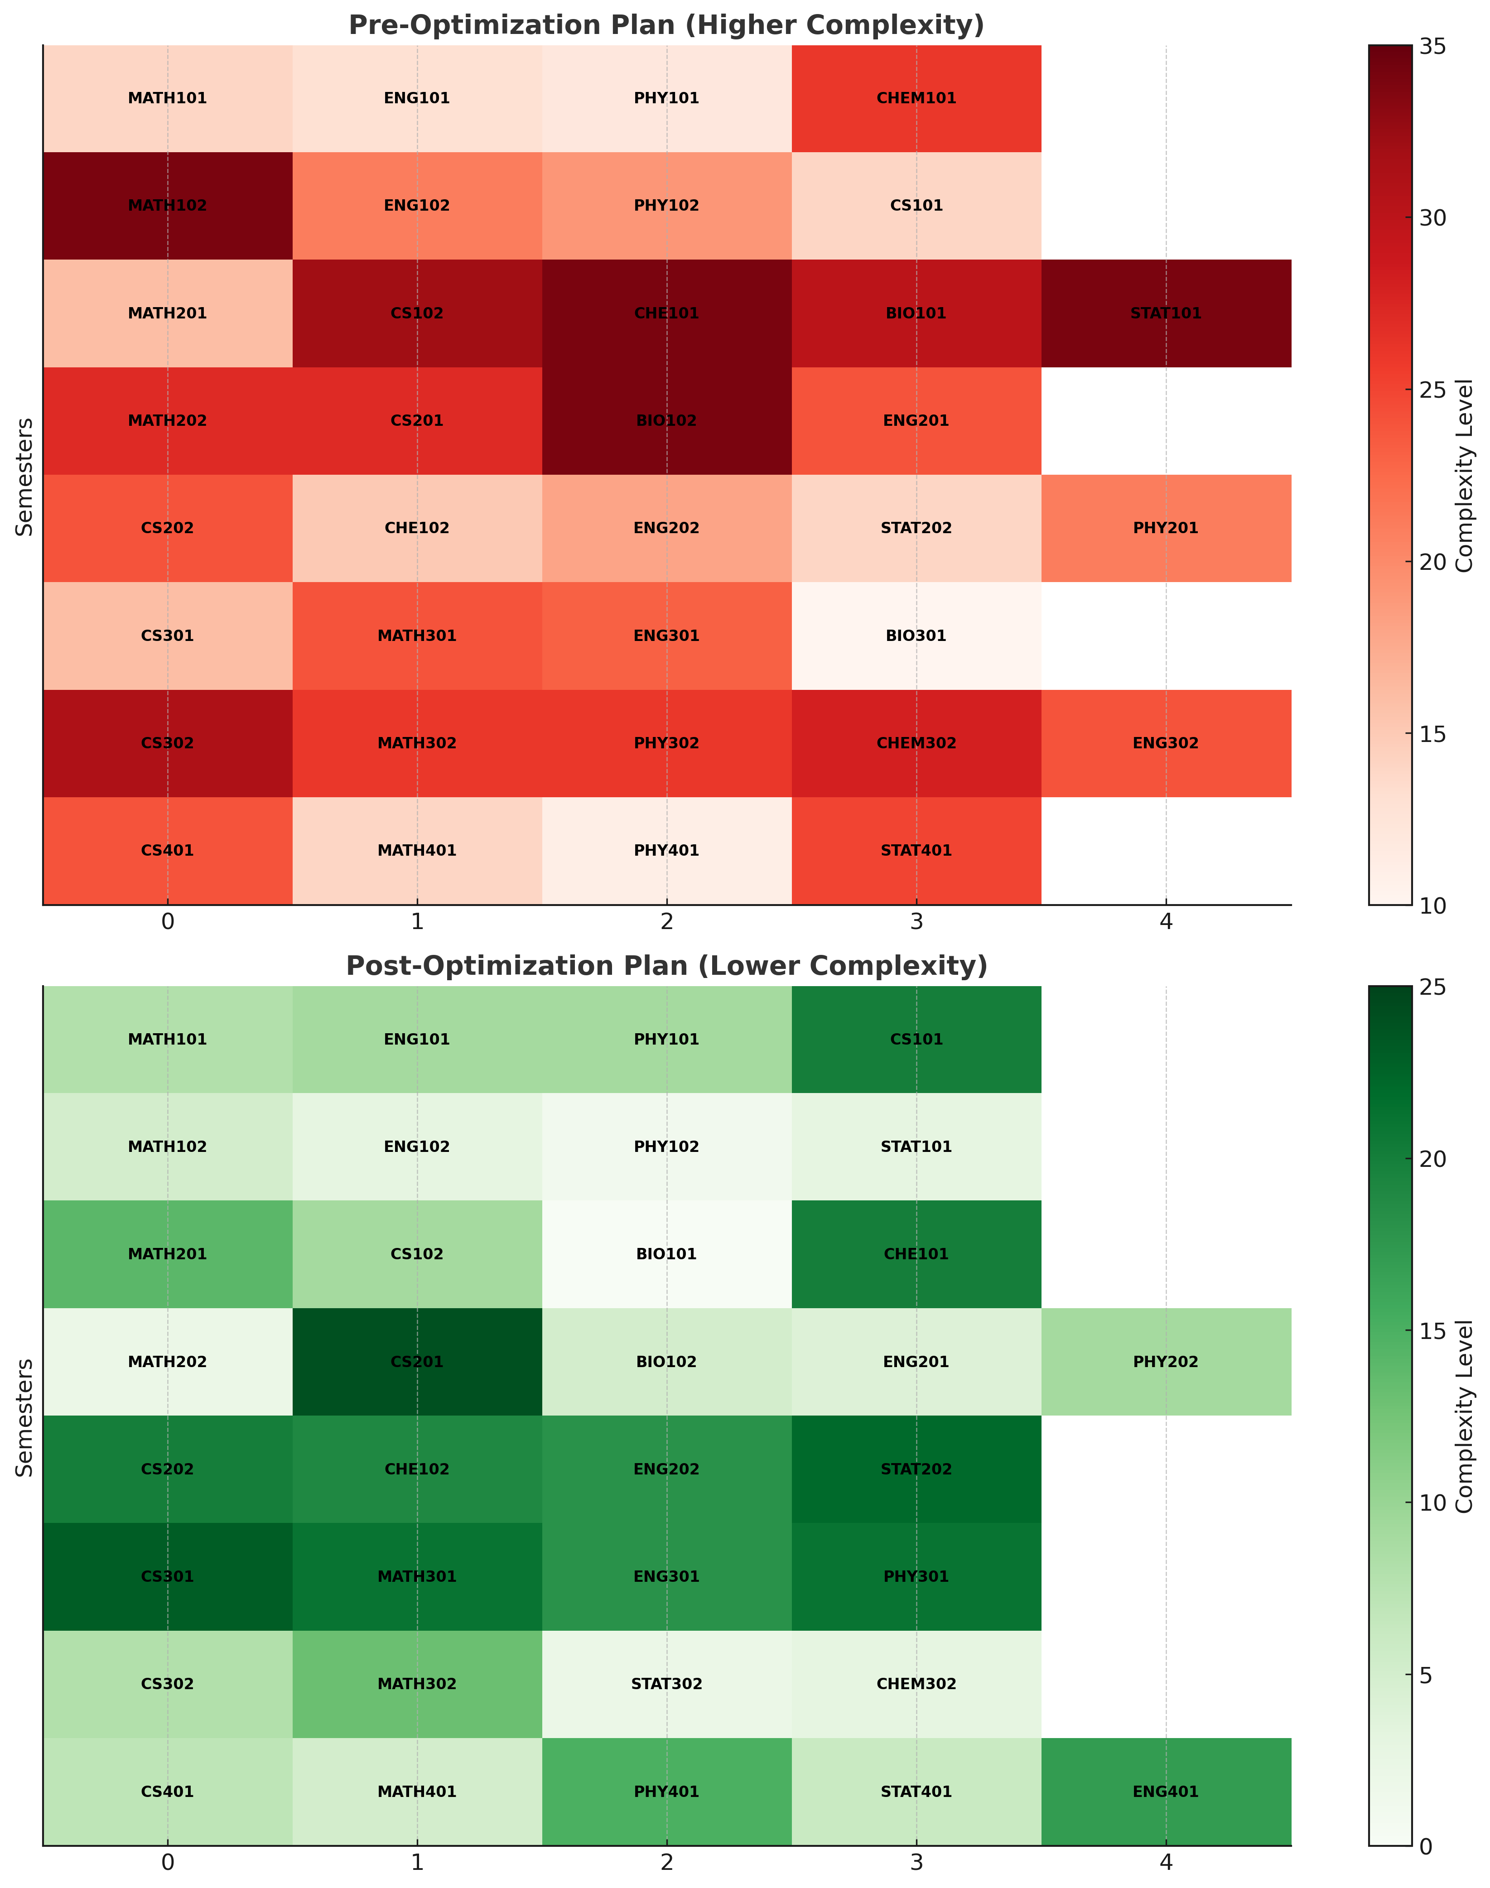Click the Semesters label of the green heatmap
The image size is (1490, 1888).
coord(24,1417)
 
